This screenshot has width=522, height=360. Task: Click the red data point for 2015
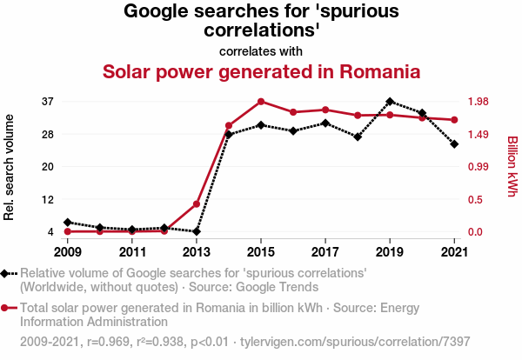[x=261, y=102]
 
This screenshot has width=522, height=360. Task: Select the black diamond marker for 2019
[x=390, y=102]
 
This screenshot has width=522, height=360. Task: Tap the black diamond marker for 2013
[x=197, y=231]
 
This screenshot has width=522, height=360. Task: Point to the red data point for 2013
[x=197, y=203]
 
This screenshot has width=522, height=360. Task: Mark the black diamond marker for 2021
[x=454, y=143]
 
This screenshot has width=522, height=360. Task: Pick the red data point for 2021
[x=454, y=120]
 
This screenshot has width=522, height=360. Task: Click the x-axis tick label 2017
[x=325, y=252]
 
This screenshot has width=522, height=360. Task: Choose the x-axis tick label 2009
[x=67, y=252]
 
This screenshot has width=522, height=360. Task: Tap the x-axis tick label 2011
[x=131, y=252]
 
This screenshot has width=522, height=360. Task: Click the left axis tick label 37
[x=48, y=102]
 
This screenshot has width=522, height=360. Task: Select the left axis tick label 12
[x=48, y=199]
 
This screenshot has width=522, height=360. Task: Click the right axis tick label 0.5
[x=476, y=199]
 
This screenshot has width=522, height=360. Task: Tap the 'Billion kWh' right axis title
[x=512, y=166]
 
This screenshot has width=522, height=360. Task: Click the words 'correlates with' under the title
[x=261, y=50]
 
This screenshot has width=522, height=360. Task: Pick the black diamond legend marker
[x=7, y=273]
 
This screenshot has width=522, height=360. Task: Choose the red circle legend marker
[x=7, y=308]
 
